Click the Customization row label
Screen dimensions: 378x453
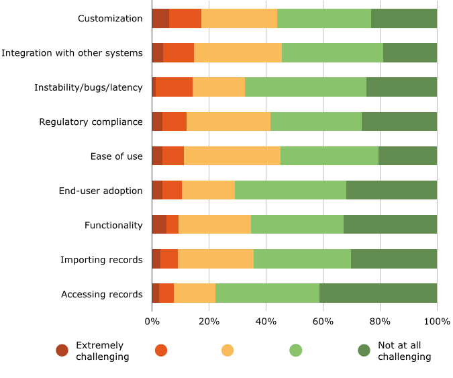[x=110, y=18]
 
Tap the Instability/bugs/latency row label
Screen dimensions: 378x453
[x=89, y=87]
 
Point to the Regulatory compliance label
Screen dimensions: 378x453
[x=91, y=122]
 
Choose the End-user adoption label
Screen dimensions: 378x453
[x=101, y=191]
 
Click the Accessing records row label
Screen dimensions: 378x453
[x=101, y=294]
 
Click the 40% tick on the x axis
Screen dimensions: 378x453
[x=266, y=321]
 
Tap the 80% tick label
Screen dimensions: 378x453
[x=380, y=321]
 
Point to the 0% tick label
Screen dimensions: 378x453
[x=152, y=321]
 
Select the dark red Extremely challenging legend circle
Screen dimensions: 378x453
[x=62, y=350]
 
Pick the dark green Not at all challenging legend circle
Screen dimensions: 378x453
[x=364, y=350]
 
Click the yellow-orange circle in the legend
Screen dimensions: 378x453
[x=228, y=350]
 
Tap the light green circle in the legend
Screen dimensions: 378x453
[x=296, y=350]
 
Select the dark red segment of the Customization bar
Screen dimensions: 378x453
[x=160, y=18]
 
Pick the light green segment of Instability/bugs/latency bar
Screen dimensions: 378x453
[x=305, y=87]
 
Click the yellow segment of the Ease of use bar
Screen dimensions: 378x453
[x=232, y=156]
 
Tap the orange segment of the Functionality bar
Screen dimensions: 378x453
[x=172, y=225]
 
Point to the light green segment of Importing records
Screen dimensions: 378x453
[x=302, y=260]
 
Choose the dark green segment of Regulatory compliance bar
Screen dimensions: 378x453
[x=399, y=122]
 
